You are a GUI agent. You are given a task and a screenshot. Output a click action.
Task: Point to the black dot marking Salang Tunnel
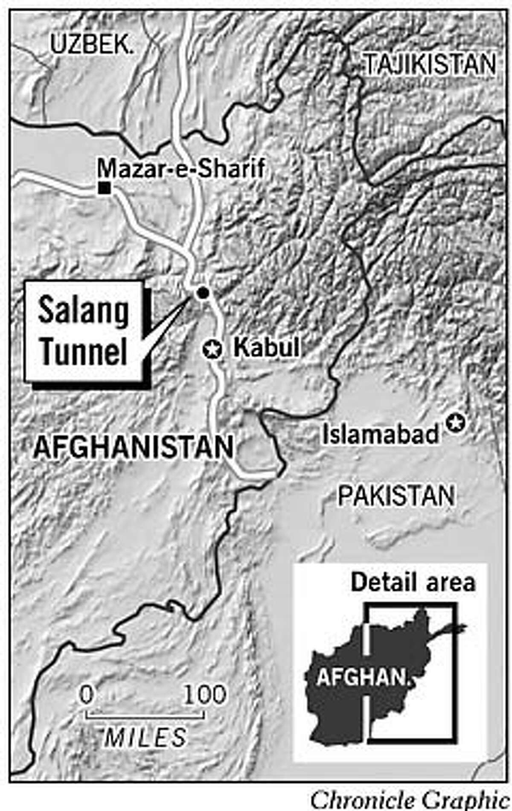click(202, 293)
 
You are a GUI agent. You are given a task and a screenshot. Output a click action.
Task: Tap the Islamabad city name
click(381, 435)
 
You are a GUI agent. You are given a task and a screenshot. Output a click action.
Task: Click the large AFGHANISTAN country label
click(134, 447)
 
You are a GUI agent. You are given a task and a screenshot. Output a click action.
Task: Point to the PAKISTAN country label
click(396, 496)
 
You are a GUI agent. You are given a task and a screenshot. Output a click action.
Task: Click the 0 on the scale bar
click(87, 695)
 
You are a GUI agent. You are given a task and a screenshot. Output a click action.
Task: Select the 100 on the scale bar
click(205, 695)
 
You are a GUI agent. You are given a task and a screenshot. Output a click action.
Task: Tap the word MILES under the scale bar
click(145, 738)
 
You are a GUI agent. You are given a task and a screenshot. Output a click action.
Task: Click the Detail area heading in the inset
click(413, 583)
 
